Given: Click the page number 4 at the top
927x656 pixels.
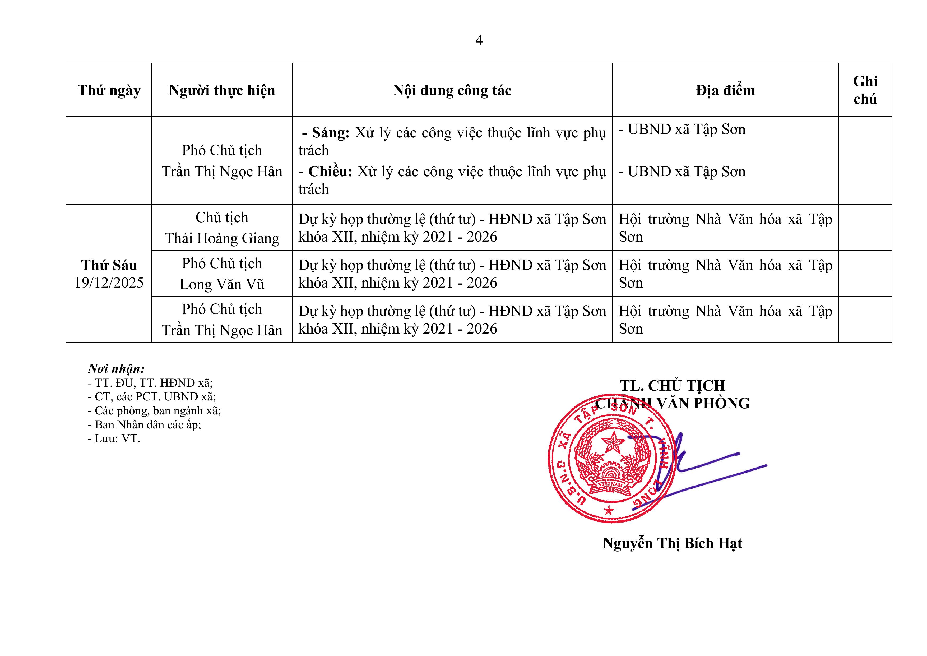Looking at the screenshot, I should [x=479, y=40].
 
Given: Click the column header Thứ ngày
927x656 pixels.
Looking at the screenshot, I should [x=109, y=90].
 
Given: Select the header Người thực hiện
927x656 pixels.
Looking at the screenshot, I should [x=222, y=90].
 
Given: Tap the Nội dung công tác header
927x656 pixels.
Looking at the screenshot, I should [x=452, y=90].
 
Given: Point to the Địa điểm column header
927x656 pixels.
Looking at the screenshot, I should [x=725, y=90].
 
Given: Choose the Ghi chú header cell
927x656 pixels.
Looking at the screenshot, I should [x=865, y=90].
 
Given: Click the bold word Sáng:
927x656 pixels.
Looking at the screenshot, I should [x=330, y=132].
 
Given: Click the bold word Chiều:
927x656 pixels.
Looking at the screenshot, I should [x=330, y=172].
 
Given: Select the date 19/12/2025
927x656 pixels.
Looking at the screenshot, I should [x=109, y=283].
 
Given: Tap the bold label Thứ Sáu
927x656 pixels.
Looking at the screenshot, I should [x=109, y=265].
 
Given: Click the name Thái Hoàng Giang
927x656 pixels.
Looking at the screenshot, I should [x=222, y=238].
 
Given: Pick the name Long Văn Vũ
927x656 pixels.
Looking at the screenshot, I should [x=222, y=284].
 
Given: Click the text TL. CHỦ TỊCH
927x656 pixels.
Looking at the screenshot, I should [x=673, y=386].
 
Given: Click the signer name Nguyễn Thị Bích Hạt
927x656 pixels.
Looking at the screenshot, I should [x=672, y=543].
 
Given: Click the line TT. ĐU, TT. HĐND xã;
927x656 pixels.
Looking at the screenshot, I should [x=150, y=383].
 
